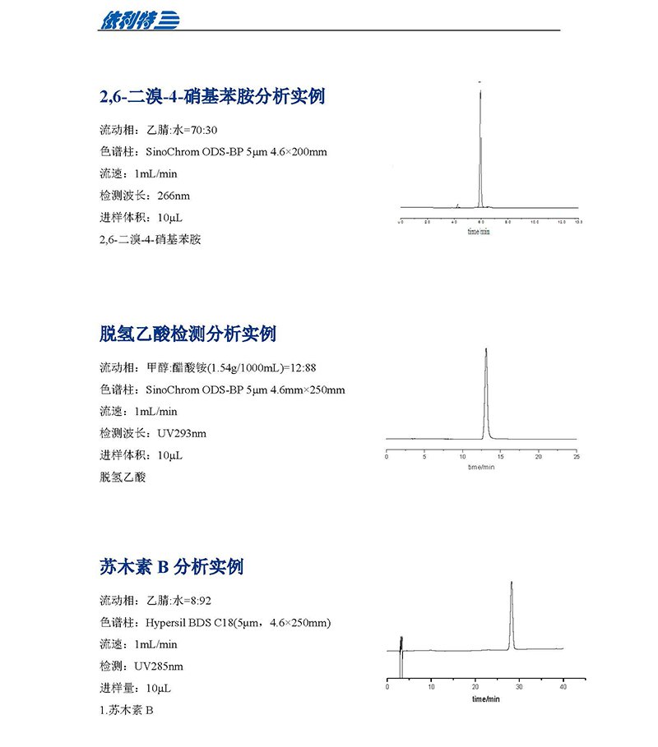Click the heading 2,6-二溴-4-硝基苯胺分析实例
212,97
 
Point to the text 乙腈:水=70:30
182,130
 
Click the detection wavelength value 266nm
173,196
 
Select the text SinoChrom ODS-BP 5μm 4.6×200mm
236,152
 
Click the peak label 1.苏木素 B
126,710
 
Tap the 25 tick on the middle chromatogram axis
576,456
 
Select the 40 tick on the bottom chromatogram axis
563,686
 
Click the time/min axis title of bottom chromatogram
485,699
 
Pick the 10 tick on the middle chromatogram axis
462,456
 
